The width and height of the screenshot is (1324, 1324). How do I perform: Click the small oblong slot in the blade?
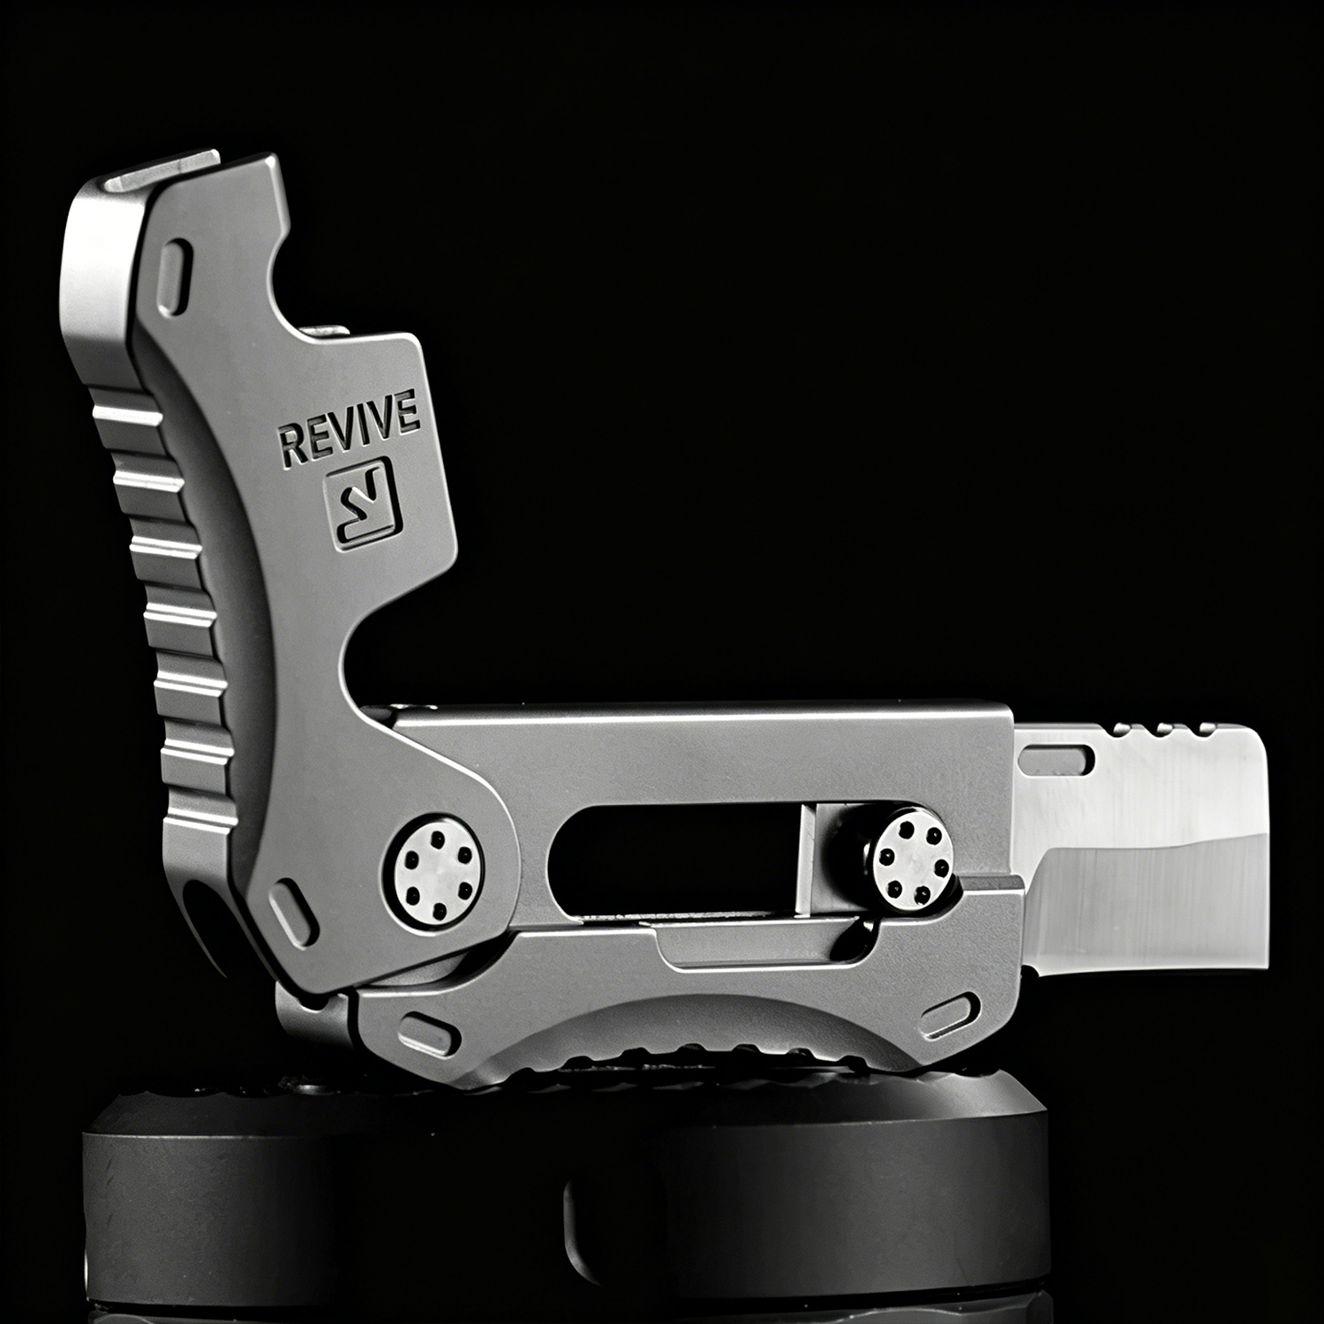[x=1057, y=756]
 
